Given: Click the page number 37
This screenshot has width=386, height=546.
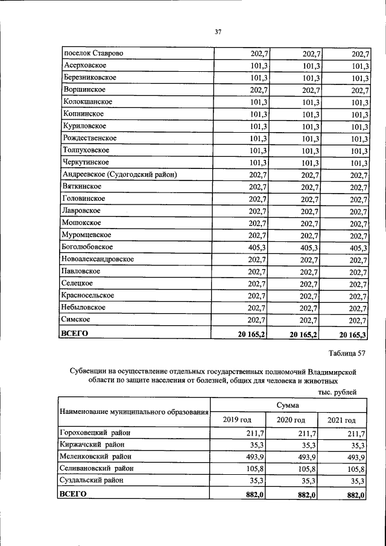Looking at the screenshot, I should (x=218, y=32).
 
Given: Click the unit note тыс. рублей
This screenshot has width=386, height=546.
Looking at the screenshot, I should (x=337, y=392).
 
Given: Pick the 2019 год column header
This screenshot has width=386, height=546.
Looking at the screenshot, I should (x=237, y=420).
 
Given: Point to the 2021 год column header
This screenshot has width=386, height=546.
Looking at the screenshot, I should (x=341, y=420).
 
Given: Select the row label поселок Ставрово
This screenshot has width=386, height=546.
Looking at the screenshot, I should (x=93, y=54).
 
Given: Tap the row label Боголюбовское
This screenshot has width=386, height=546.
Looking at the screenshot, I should (x=87, y=247).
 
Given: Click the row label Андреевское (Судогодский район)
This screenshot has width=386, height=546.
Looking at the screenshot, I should (x=119, y=175).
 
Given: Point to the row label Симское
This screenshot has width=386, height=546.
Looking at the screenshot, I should (x=76, y=320).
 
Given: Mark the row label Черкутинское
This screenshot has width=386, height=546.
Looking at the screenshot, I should (x=85, y=163).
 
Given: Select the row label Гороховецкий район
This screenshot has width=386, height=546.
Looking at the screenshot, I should (x=95, y=433).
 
